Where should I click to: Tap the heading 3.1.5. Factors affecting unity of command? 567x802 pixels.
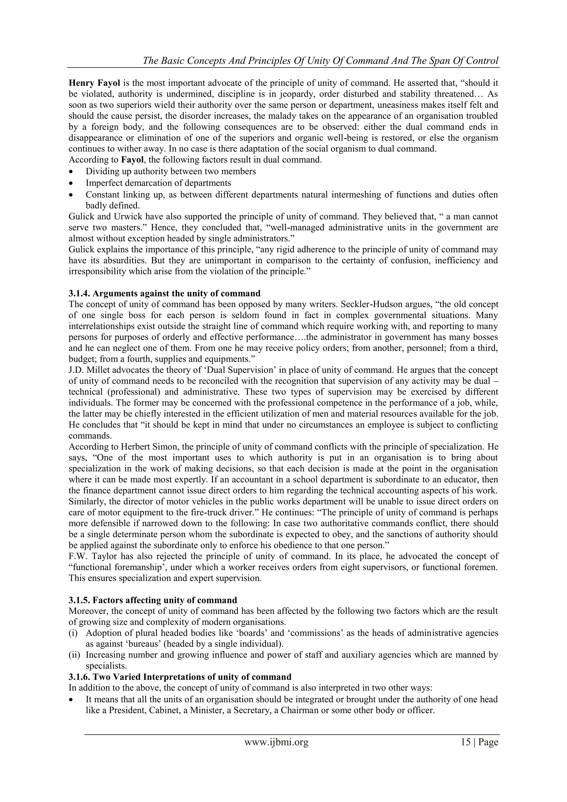153,600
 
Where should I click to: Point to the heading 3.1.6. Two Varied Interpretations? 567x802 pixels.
180,677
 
